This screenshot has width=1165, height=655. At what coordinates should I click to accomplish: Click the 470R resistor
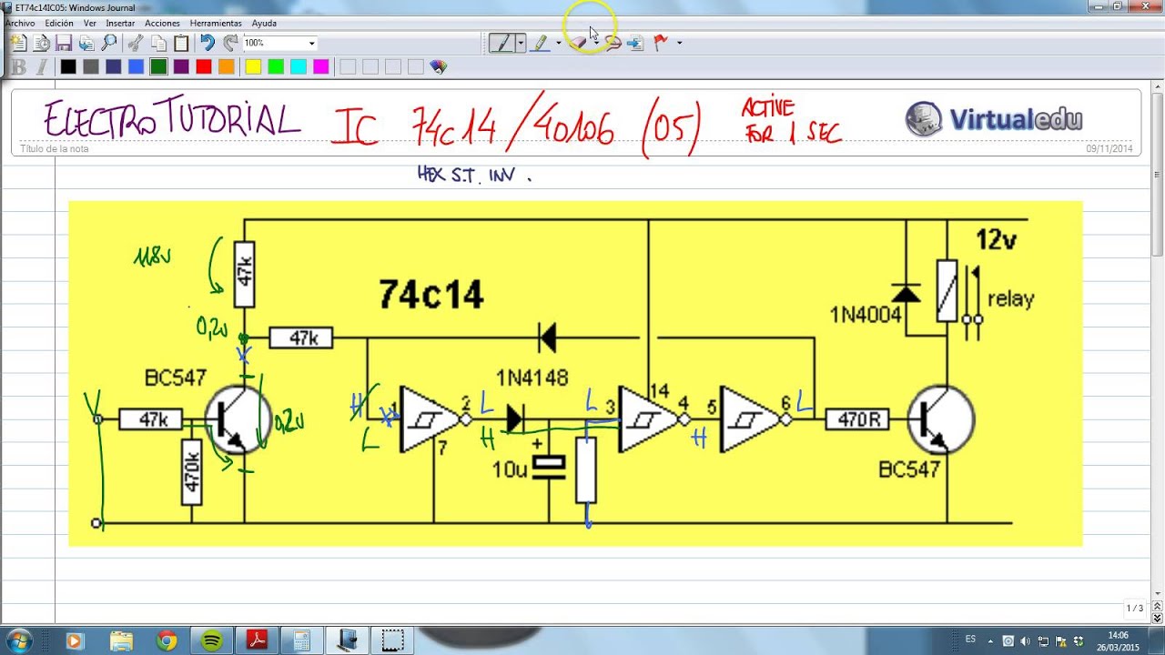(x=858, y=419)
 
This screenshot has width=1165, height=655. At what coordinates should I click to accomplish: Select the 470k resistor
(x=191, y=471)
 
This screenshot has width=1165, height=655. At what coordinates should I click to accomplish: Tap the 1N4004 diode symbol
(x=905, y=292)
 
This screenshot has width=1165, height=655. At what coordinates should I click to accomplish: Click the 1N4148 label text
(x=532, y=377)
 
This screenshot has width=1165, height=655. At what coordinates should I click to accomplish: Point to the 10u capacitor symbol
(x=549, y=467)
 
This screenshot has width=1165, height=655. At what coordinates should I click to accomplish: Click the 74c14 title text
(x=431, y=295)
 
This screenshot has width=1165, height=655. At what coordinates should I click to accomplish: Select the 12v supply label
(x=996, y=240)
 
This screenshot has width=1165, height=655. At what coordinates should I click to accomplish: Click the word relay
(x=1010, y=298)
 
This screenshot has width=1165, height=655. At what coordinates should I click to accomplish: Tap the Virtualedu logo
(x=994, y=119)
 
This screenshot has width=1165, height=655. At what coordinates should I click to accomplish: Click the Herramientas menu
(x=216, y=23)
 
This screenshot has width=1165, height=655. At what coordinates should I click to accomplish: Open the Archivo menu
(x=20, y=23)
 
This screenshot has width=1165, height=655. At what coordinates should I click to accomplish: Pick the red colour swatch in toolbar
(x=203, y=66)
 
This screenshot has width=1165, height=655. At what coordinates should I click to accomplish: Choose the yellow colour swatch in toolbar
(x=253, y=66)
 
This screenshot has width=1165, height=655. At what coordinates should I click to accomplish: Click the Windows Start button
(x=18, y=640)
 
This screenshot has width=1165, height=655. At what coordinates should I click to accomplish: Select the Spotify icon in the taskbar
(x=212, y=640)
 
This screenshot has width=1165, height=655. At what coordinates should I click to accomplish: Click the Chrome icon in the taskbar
(x=166, y=640)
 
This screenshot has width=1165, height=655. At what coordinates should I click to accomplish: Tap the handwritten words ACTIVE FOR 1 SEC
(x=790, y=122)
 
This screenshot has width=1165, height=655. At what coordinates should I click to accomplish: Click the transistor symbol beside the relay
(x=941, y=420)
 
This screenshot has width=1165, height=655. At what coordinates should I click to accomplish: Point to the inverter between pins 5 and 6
(x=749, y=419)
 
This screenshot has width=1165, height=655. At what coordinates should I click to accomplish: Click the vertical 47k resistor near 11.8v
(x=244, y=274)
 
